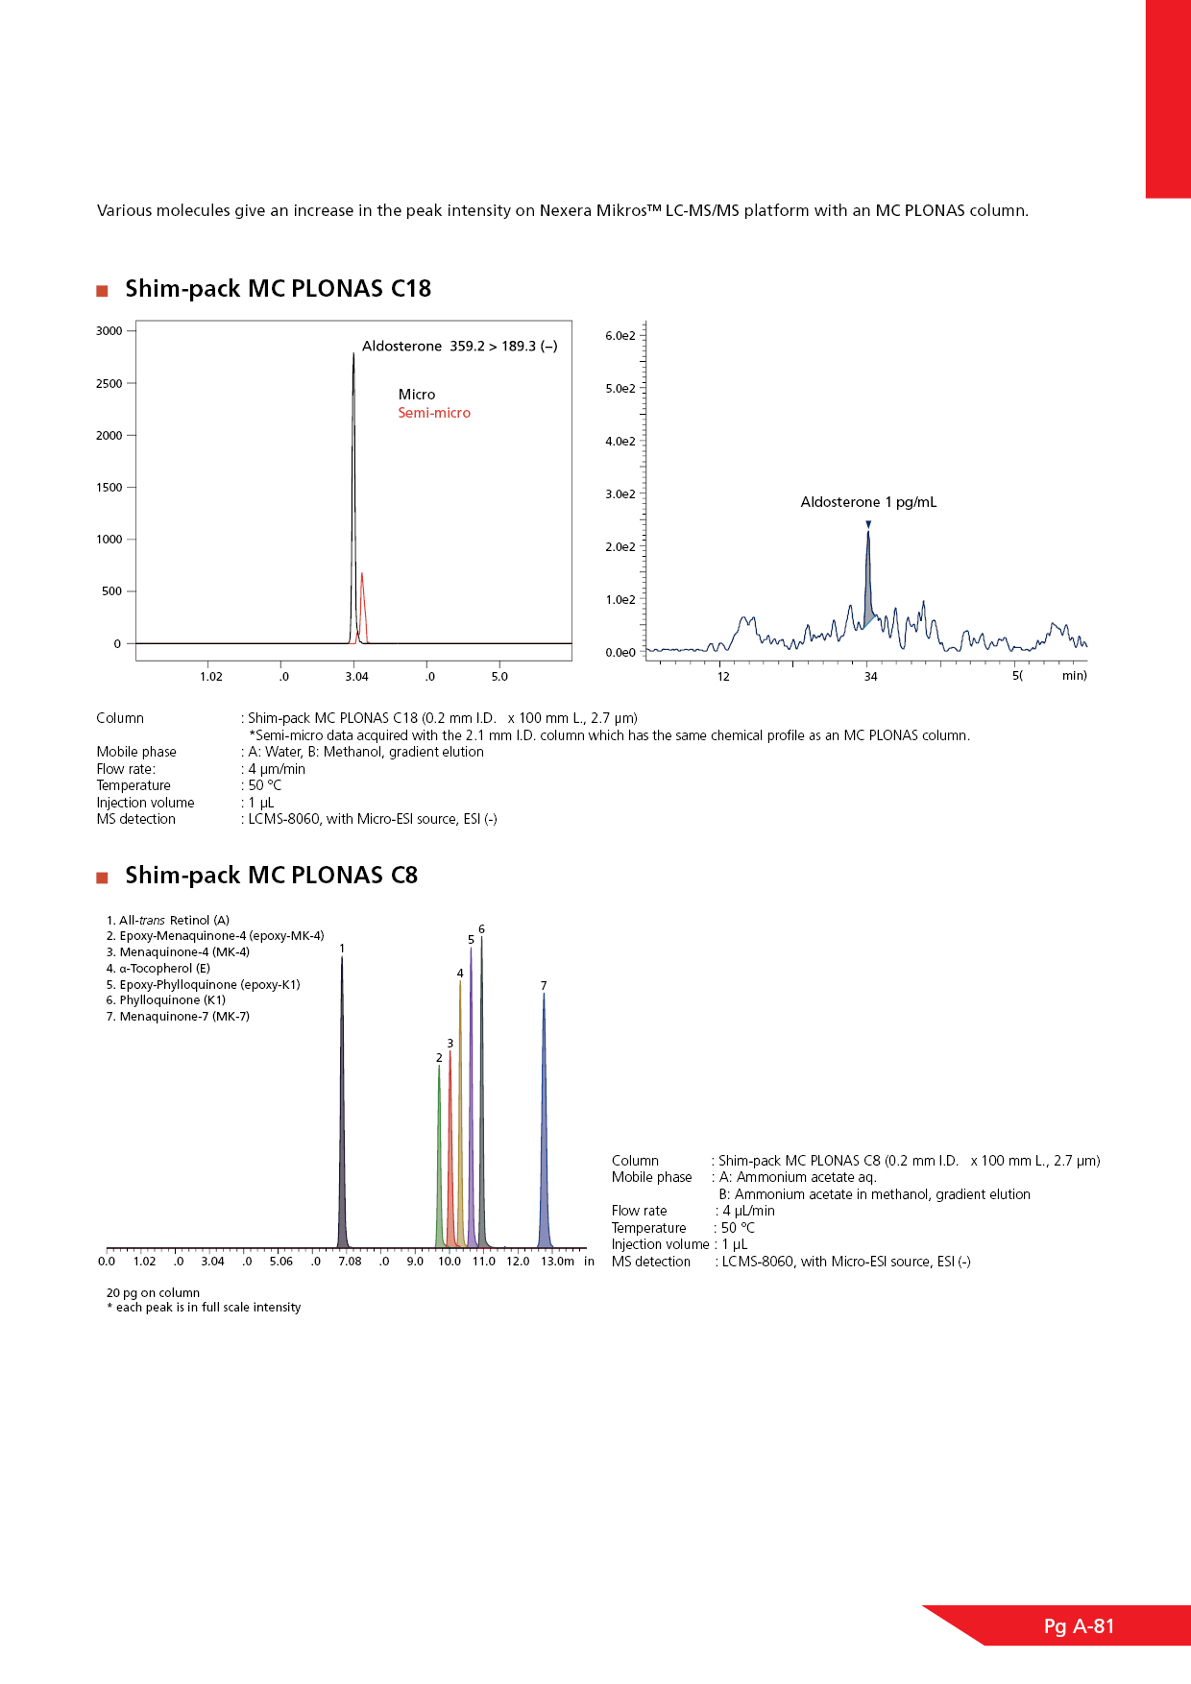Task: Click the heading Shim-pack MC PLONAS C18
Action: [278, 289]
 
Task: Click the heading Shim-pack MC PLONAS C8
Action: [271, 876]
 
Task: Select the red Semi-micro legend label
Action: [434, 413]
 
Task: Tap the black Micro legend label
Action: [417, 395]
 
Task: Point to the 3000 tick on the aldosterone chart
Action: [109, 331]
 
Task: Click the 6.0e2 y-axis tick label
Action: [620, 336]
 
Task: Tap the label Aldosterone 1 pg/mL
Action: [868, 502]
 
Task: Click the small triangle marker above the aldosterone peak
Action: [868, 524]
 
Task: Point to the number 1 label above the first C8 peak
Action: [342, 949]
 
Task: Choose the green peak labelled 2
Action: [439, 1152]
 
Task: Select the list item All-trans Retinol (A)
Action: [168, 921]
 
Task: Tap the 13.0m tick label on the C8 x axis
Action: [557, 1262]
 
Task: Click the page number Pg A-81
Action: [1079, 1626]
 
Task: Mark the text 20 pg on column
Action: [153, 1293]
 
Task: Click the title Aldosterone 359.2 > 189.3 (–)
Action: [459, 347]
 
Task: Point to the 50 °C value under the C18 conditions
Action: [265, 785]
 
